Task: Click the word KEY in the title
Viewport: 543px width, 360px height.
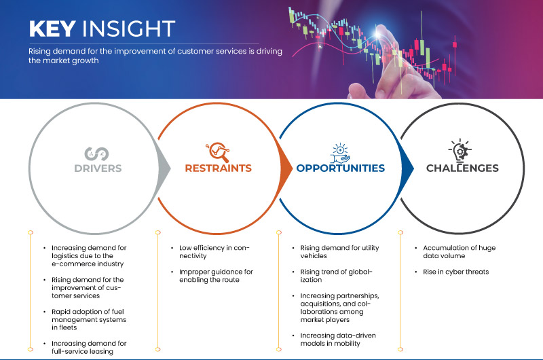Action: point(52,29)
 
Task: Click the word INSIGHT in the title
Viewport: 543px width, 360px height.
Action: point(128,29)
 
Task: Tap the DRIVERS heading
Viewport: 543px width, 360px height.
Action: point(98,168)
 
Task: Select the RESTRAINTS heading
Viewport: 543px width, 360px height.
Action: point(218,168)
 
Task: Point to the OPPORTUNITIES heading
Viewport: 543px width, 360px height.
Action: point(341,168)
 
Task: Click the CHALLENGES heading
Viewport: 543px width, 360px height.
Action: point(462,168)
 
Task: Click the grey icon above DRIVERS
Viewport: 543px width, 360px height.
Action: point(96,154)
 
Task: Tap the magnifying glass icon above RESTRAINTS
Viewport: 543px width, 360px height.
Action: point(218,152)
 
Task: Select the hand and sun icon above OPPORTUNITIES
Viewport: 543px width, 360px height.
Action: point(340,153)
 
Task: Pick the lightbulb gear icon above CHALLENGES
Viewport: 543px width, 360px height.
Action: point(460,150)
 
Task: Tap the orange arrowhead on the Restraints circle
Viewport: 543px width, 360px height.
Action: point(286,168)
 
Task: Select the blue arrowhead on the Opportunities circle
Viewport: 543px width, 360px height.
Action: point(407,168)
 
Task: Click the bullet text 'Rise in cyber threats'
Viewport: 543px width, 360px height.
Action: point(455,272)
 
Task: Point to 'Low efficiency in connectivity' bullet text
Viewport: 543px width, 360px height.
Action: point(214,252)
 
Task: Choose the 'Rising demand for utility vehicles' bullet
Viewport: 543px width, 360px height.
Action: point(339,252)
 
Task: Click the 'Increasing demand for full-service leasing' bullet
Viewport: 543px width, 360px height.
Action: point(89,348)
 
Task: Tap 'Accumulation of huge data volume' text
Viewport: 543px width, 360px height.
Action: point(460,252)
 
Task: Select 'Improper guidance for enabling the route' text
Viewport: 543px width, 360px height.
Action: point(216,276)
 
